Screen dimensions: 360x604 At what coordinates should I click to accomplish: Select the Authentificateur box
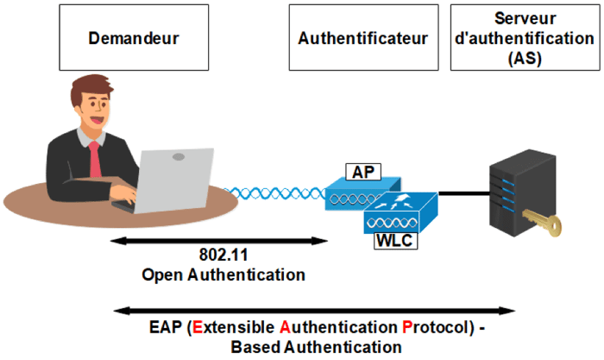tap(362, 38)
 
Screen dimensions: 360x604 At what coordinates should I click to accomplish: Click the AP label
tap(360, 172)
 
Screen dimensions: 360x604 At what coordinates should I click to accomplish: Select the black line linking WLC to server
tap(464, 193)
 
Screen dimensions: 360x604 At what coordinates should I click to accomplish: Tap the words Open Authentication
tap(223, 275)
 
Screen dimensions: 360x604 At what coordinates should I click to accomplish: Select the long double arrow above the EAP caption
tap(315, 310)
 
